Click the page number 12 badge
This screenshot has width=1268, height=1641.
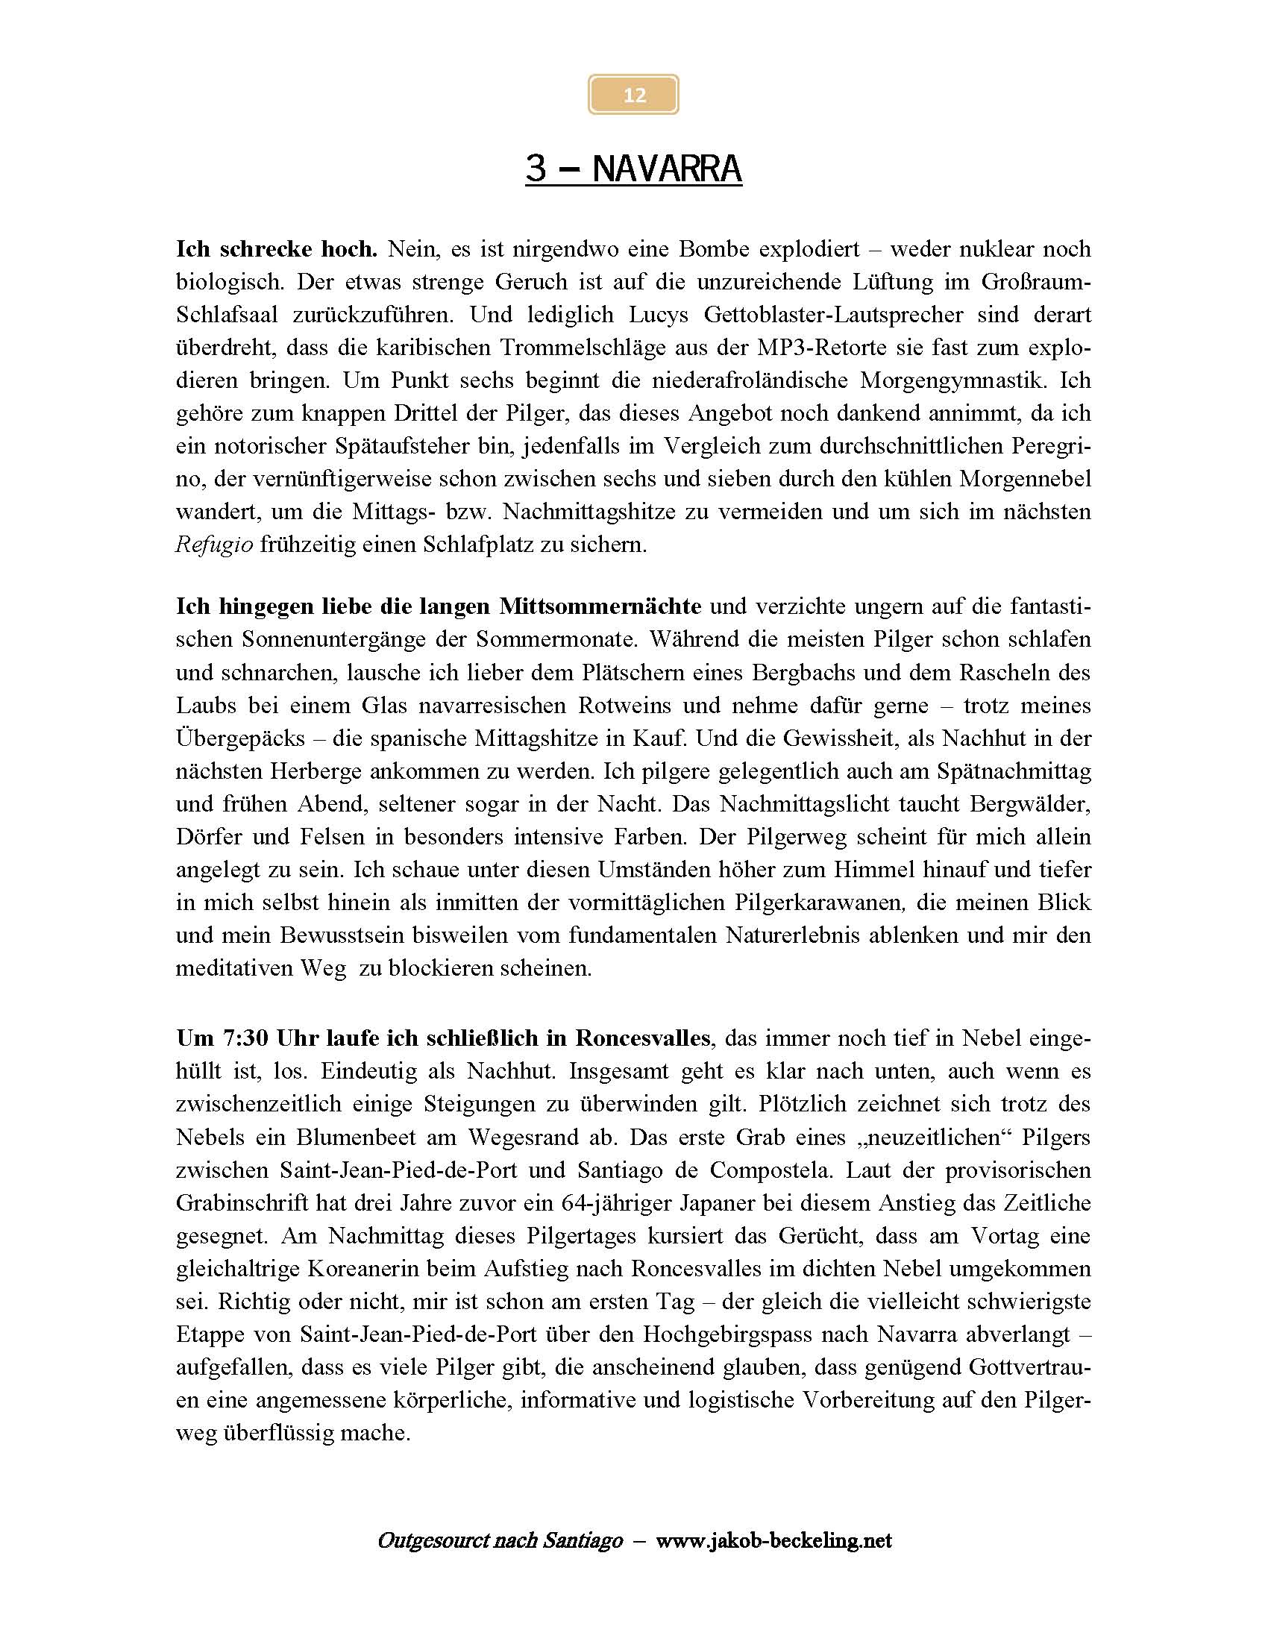tap(633, 95)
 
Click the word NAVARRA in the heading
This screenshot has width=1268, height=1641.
tap(666, 169)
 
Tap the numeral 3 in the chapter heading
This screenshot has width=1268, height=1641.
tap(536, 169)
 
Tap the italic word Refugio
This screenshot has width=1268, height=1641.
tap(214, 544)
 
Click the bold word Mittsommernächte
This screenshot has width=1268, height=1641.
tap(600, 606)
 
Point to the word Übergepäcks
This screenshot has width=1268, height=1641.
tap(240, 738)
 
